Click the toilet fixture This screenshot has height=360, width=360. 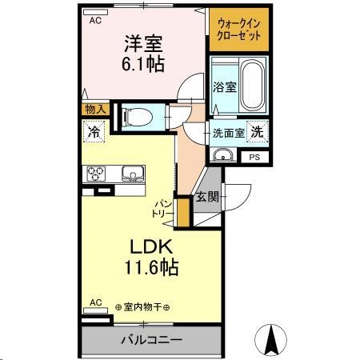pos(137,117)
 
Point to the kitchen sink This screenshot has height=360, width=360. pos(131,173)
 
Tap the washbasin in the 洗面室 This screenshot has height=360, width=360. pos(224,155)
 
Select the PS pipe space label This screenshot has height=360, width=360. pos(254,158)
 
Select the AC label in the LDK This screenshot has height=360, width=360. pos(96,302)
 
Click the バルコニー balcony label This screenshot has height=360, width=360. pos(151,339)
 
